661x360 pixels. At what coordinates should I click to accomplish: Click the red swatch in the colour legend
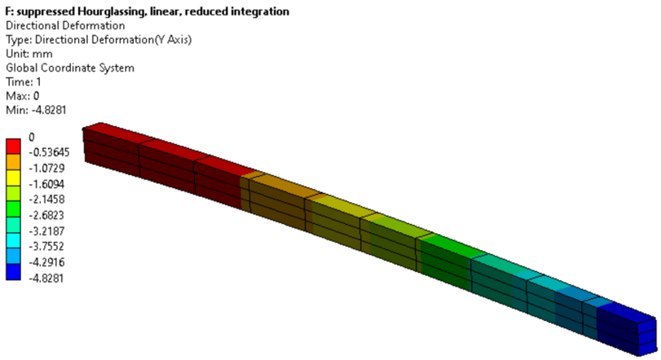click(13, 146)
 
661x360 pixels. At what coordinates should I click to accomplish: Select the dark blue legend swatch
click(13, 272)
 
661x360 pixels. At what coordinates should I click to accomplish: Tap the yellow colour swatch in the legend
click(13, 178)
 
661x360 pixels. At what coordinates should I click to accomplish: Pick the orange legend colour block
click(13, 162)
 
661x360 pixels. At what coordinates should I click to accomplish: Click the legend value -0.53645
click(49, 152)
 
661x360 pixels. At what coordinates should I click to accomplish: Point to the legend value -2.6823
click(46, 215)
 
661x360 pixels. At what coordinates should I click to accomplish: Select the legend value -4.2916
click(46, 262)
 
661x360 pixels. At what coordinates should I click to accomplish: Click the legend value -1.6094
click(46, 184)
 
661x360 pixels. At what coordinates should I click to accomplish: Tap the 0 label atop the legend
click(32, 138)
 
